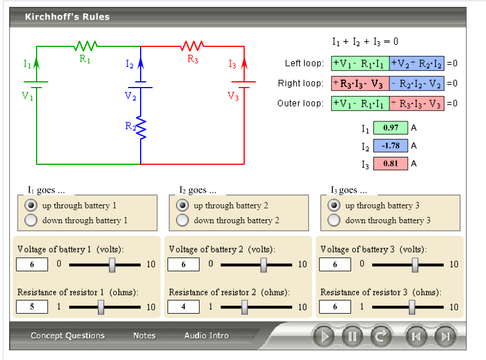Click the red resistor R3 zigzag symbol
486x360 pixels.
pyautogui.click(x=193, y=45)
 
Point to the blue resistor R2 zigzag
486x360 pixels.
pyautogui.click(x=141, y=128)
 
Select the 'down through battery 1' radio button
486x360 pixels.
pyautogui.click(x=31, y=220)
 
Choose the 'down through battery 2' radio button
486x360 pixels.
pyautogui.click(x=183, y=220)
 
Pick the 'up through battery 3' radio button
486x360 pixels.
pyautogui.click(x=334, y=205)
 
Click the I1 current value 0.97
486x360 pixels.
pyautogui.click(x=391, y=128)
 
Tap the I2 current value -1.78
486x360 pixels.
pyautogui.click(x=391, y=145)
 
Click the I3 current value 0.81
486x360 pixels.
pyautogui.click(x=391, y=164)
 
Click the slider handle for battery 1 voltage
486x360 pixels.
pyautogui.click(x=112, y=264)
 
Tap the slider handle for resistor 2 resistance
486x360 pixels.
pyautogui.click(x=245, y=307)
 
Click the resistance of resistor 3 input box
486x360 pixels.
pyautogui.click(x=334, y=307)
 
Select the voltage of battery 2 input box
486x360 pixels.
pyautogui.click(x=183, y=264)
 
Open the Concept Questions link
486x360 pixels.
pyautogui.click(x=67, y=336)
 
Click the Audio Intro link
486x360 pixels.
pyautogui.click(x=206, y=336)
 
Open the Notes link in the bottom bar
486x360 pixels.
pyautogui.click(x=144, y=336)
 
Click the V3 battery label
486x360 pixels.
pyautogui.click(x=233, y=96)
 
